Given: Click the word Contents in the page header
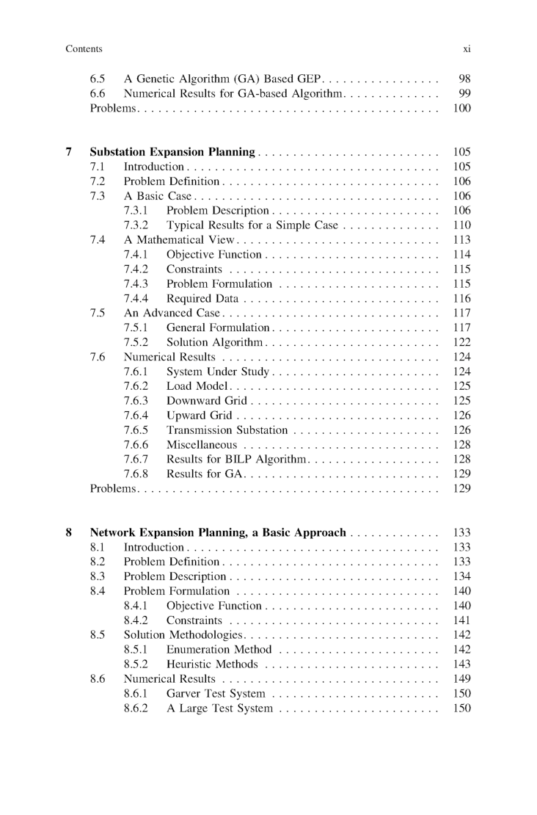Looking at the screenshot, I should pos(84,49).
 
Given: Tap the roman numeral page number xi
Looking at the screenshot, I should pos(466,49).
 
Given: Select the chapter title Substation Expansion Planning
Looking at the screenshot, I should pos(172,153).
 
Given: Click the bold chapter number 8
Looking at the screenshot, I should pos(69,533).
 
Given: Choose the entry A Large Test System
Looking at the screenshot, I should pos(219,709).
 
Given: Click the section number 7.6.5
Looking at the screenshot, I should pos(136,430).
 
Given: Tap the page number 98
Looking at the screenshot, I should pos(464,79).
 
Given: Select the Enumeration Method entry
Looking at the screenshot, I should pos(219,650).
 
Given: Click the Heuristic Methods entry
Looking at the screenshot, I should pos(212,664).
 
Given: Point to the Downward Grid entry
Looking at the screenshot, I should pos(206,401).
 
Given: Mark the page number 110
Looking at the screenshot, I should pos(462,225).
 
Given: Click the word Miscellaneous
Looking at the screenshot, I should pos(202,445).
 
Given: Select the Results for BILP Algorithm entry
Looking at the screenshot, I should pos(235,460).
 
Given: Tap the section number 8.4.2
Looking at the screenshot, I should pos(136,620).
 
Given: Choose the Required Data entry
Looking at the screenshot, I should pos(202,299).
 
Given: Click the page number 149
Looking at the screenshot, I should pos(462,679).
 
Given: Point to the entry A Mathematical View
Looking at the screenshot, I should pos(178,240).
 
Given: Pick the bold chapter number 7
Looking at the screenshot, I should pos(69,153).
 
